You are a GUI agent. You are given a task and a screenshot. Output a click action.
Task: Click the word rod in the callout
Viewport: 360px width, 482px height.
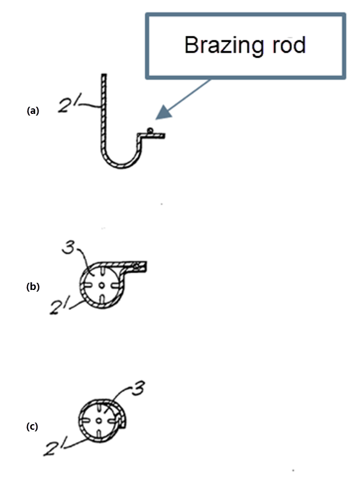[288, 45]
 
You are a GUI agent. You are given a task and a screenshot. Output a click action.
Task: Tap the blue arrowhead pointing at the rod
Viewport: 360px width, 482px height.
[163, 112]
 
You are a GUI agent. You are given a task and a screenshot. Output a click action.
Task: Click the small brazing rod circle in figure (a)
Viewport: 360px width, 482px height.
[150, 130]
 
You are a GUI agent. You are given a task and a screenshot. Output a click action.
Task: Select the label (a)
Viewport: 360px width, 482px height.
[33, 111]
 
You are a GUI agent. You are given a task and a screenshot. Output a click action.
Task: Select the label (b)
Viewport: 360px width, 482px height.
[33, 287]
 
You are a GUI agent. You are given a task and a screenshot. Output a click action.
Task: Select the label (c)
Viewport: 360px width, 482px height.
[32, 426]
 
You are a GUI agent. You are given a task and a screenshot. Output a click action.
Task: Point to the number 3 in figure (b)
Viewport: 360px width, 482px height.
[68, 247]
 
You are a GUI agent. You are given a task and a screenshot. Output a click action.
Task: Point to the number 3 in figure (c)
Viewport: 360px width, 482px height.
[138, 388]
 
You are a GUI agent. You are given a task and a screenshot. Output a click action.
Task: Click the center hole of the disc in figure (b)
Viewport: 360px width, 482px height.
[101, 286]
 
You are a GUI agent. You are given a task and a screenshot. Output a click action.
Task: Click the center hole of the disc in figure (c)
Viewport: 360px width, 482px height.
[99, 420]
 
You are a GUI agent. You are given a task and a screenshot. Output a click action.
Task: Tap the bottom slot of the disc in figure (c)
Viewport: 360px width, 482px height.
[99, 434]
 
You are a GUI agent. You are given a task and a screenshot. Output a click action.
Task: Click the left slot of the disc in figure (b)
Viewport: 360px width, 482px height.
[88, 286]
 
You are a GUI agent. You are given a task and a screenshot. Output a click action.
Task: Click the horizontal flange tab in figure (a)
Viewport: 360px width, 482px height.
[151, 135]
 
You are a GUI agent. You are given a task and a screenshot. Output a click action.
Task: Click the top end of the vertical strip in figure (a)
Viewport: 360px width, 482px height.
[104, 75]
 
